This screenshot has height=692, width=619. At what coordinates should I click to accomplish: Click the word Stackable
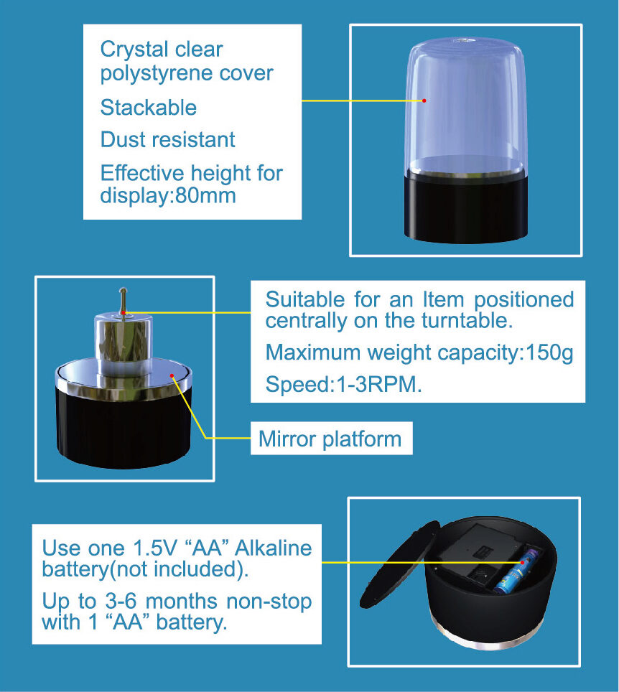tap(149, 107)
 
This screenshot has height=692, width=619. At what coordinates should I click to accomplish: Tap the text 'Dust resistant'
tap(167, 139)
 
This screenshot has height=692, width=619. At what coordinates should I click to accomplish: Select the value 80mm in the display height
tap(205, 195)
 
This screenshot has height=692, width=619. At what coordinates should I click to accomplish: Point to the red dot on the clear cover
tap(424, 100)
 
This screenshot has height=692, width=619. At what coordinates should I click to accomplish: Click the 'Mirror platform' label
tap(330, 439)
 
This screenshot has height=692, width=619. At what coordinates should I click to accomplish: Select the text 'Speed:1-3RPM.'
tap(343, 384)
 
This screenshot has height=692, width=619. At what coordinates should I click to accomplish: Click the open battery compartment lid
tap(400, 564)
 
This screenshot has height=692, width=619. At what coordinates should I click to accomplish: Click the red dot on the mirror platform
tap(172, 375)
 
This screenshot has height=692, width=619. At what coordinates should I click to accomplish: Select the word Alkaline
tap(274, 548)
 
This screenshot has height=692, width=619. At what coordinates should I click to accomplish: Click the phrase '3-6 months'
tap(161, 601)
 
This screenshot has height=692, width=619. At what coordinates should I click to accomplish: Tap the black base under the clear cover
tap(466, 207)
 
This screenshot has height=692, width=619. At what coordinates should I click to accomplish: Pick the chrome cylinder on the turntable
tap(124, 345)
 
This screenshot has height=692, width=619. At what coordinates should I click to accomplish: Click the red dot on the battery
tap(522, 563)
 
